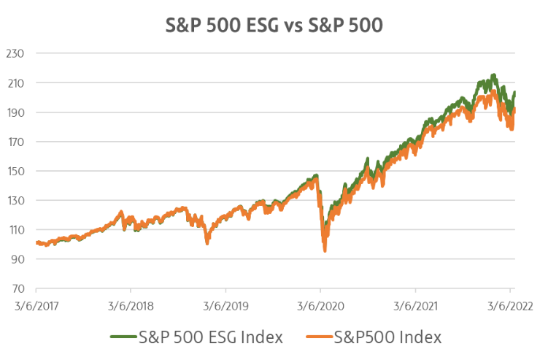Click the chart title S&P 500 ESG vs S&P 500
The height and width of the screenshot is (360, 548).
coord(273,25)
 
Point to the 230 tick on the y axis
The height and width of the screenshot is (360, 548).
coord(15,53)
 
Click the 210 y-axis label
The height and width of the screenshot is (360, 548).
coord(15,83)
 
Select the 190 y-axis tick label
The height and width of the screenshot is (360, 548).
coord(15,112)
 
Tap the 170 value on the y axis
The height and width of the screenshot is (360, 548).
coord(15,142)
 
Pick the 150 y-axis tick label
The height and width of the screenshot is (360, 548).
coord(15,172)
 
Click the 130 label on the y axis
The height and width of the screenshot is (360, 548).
coord(15,201)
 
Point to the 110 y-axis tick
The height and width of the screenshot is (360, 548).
coord(15,230)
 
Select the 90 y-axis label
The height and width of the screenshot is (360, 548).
coord(17,259)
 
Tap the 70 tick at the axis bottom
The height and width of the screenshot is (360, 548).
coord(17,289)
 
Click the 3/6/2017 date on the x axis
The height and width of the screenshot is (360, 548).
coord(36,303)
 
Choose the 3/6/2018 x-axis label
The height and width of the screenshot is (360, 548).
coord(131,303)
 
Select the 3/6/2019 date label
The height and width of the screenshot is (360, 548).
coord(225,303)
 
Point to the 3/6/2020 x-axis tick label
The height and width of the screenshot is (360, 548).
coord(320,303)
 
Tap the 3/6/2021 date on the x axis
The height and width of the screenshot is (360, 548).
coord(415,303)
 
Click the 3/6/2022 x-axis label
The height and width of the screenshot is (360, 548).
coord(510,303)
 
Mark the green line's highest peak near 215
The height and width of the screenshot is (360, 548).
coord(494,74)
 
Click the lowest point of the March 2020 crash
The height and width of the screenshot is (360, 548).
coord(325,251)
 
